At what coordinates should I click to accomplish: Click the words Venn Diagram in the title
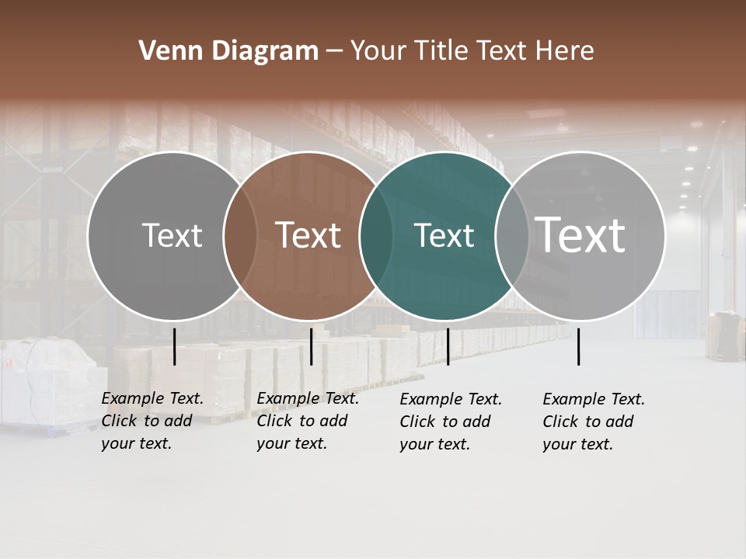click(228, 51)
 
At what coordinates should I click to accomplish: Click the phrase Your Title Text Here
click(472, 51)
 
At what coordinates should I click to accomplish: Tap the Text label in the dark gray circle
click(172, 235)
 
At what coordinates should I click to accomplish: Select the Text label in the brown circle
click(308, 235)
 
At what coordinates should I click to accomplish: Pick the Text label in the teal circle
click(444, 235)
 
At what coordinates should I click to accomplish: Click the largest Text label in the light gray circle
click(580, 234)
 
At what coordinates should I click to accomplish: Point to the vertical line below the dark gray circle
click(174, 346)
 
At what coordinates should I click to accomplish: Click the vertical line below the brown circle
click(311, 346)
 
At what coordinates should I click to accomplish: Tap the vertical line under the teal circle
click(448, 346)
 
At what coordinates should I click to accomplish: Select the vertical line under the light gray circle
click(578, 346)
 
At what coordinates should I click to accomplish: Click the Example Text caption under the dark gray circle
click(152, 421)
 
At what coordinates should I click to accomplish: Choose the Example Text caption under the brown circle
click(308, 421)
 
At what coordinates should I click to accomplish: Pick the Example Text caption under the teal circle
click(451, 422)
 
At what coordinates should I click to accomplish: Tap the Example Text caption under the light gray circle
click(594, 422)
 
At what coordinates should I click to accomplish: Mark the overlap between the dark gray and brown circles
click(240, 235)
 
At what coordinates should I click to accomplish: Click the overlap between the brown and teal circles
click(376, 235)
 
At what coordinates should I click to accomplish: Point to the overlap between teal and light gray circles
click(512, 235)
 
